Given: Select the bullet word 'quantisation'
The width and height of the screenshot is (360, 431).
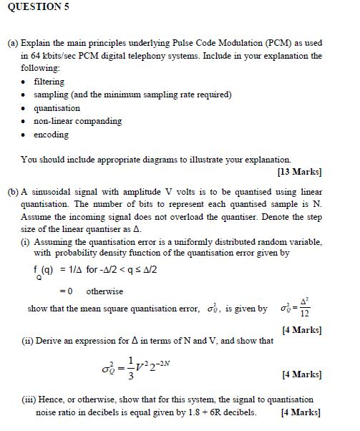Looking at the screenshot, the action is coord(57,107).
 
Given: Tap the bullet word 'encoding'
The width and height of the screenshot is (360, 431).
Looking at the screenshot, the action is coord(52,135).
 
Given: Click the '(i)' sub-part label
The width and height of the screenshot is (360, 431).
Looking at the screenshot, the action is coord(25,241).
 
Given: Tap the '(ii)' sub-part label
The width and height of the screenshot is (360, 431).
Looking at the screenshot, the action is coord(26,340).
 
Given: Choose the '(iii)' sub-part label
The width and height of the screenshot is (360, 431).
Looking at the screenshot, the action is coord(29,399).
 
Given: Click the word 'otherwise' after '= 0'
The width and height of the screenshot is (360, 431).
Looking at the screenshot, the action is coord(104,291).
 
